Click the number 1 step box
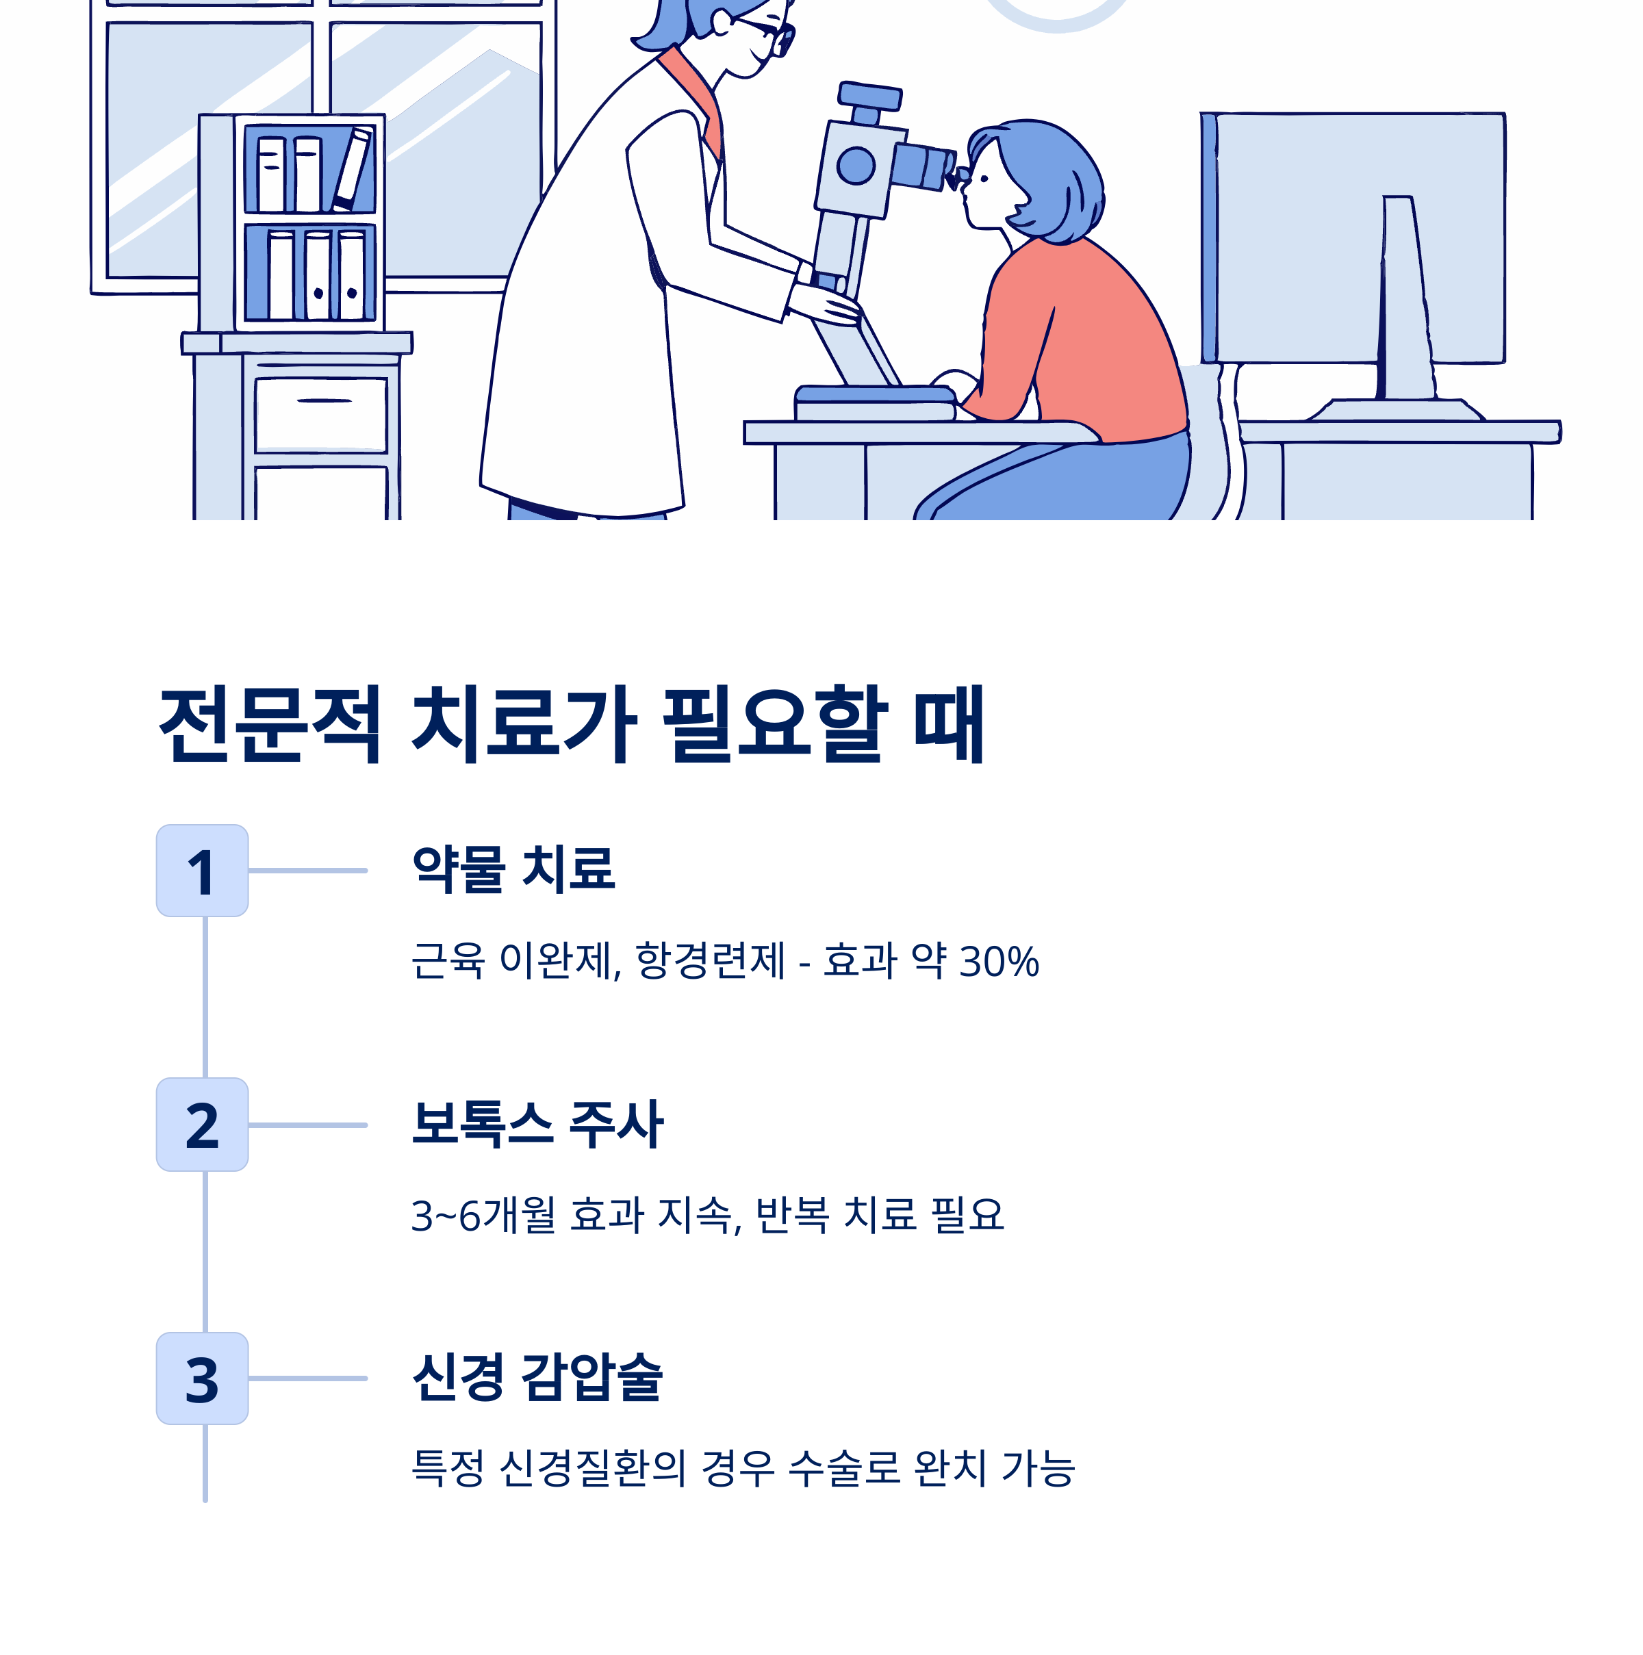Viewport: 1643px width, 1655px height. tap(202, 871)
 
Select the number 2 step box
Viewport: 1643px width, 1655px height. tap(202, 1124)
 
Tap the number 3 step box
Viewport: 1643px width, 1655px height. tap(202, 1378)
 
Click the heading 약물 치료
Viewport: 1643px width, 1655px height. tap(513, 869)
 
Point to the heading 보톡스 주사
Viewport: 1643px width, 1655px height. tap(537, 1124)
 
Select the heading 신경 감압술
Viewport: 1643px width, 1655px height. tap(537, 1377)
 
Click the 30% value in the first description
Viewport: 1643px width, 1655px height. tap(999, 961)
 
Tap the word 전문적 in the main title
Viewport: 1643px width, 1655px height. tap(270, 725)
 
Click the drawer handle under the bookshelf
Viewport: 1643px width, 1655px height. tap(324, 400)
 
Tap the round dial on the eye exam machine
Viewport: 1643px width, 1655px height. tap(855, 166)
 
